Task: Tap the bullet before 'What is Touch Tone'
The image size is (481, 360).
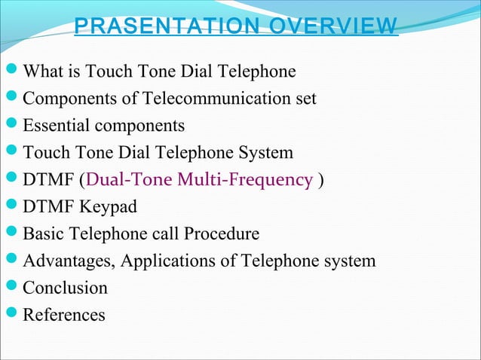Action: (x=11, y=72)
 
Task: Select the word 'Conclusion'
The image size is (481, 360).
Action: (x=66, y=288)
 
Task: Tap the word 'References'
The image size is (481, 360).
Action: (x=64, y=315)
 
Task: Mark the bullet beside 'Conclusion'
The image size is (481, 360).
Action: (x=11, y=288)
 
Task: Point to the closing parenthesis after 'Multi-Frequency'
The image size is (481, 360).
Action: (x=323, y=181)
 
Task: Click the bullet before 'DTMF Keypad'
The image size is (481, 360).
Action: (x=11, y=207)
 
